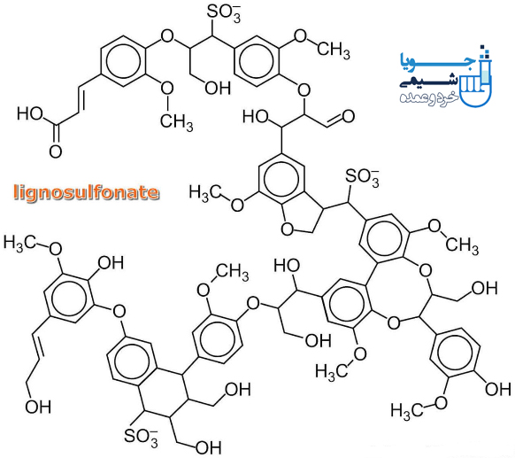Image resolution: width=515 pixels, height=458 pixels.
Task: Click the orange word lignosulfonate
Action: coord(87,192)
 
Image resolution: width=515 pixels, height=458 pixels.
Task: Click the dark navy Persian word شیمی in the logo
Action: coord(429,81)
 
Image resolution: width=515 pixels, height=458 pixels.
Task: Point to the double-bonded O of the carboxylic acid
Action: coord(56,151)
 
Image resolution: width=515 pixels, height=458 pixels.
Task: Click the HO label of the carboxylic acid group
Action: coord(30,113)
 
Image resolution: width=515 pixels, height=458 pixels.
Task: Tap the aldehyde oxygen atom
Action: coord(348,116)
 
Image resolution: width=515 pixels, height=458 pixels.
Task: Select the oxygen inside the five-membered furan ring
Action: coord(288,229)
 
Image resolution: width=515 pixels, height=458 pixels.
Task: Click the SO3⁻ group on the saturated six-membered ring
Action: coord(142,437)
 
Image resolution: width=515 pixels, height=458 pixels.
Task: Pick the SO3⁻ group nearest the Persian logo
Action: coord(362,177)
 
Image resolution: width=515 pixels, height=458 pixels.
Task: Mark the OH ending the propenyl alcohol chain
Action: coord(38,407)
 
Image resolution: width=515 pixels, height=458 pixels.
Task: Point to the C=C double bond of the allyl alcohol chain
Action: coord(37,345)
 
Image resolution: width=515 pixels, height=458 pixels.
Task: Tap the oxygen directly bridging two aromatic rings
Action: coord(119,310)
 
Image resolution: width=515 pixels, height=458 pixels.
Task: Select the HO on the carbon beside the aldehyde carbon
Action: coord(256,116)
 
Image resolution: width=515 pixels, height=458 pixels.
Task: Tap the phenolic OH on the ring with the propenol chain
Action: coord(111,263)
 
